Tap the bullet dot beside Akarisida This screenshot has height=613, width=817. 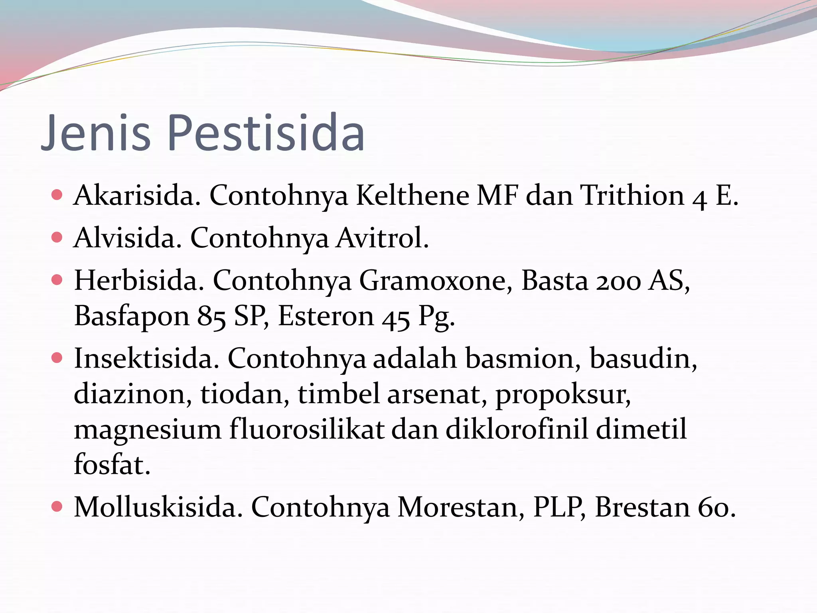pyautogui.click(x=57, y=195)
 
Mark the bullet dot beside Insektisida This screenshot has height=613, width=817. pyautogui.click(x=57, y=358)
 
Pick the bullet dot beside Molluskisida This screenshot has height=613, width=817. pyautogui.click(x=57, y=507)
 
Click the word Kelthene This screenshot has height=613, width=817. pyautogui.click(x=412, y=196)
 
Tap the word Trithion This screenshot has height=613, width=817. pyautogui.click(x=632, y=196)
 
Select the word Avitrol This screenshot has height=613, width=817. pyautogui.click(x=382, y=238)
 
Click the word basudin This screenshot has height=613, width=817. pyautogui.click(x=643, y=358)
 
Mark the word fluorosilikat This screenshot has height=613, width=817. pyautogui.click(x=307, y=429)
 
